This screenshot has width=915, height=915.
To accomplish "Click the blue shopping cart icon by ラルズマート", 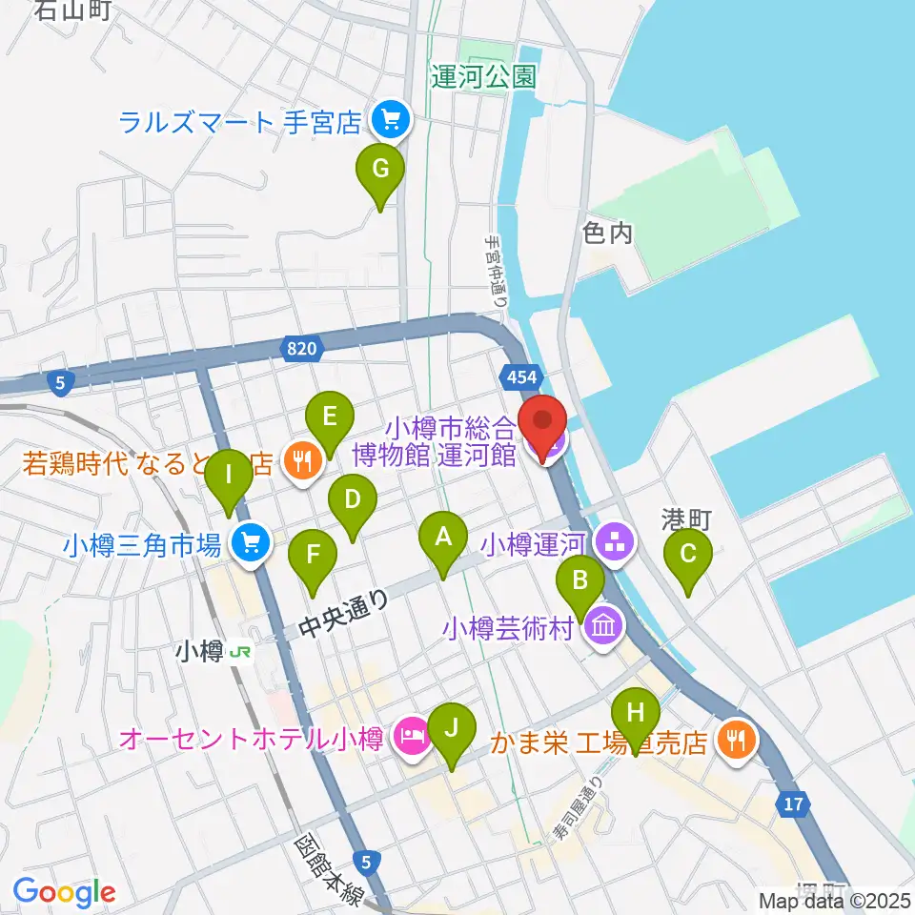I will [389, 120].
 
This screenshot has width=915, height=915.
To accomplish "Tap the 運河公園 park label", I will [483, 78].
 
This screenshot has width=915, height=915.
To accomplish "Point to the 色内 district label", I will [607, 234].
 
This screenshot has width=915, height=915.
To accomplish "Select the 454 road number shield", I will [521, 376].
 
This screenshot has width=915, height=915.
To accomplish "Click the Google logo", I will [64, 892].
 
